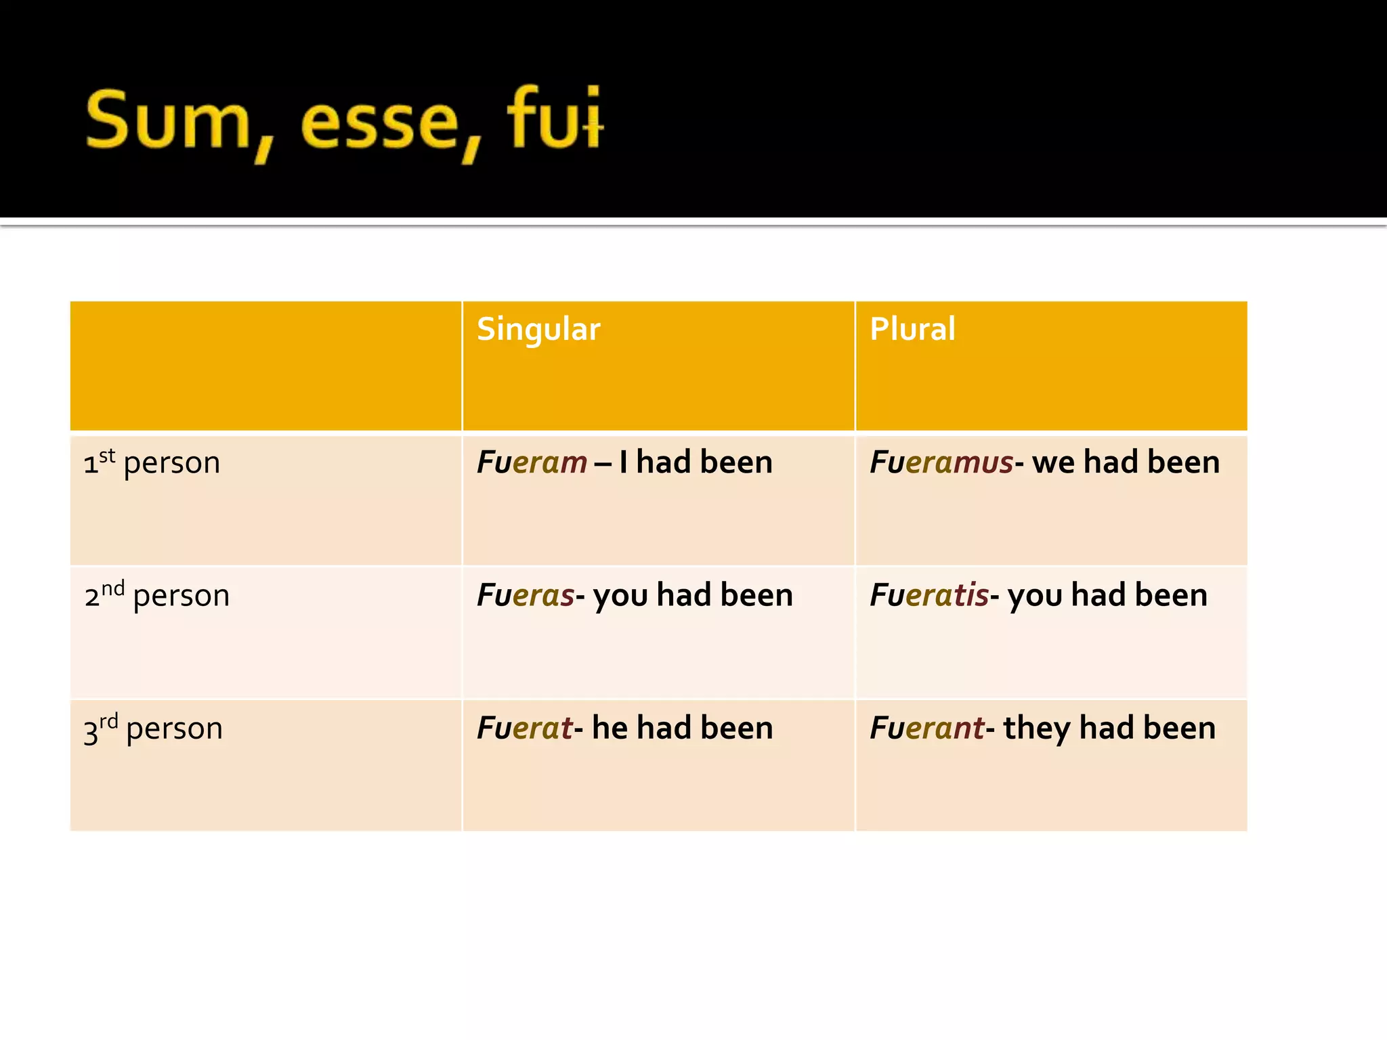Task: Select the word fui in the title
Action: coord(554,118)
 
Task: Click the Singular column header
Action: coord(538,330)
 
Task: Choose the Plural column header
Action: coord(912,329)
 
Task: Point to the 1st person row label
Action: coord(152,463)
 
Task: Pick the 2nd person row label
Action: coord(157,596)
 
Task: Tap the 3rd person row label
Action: coord(153,729)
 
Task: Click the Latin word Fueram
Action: coord(532,463)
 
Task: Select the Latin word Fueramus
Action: coord(941,463)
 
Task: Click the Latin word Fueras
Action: coord(526,596)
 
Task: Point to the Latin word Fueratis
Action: coord(929,596)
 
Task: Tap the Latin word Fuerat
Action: coord(525,729)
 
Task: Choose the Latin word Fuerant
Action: coord(926,729)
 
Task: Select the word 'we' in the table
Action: coord(1053,463)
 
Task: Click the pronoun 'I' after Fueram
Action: coord(623,463)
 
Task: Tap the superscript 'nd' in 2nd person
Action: coord(113,588)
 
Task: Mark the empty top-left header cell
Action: coord(265,366)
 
